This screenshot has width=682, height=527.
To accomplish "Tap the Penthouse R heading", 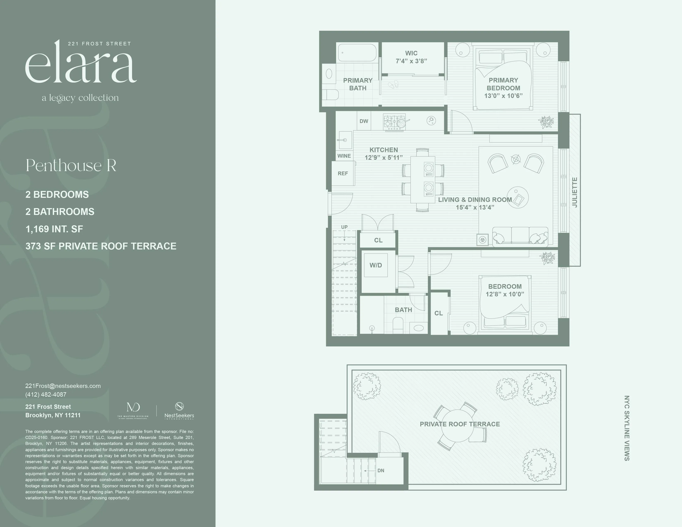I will point(71,166).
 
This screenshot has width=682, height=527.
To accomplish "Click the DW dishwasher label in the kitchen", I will point(364,121).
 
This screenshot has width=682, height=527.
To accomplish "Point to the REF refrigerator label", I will point(343,173).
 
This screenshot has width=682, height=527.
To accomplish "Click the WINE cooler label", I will point(344,156).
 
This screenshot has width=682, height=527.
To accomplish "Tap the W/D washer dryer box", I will point(376,265).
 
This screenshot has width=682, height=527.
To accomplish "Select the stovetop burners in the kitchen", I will point(394,122).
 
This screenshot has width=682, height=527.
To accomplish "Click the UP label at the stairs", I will point(344,227).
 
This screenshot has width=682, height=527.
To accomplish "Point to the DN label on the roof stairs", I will point(381,471).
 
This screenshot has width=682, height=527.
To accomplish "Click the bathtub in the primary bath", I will point(358,52).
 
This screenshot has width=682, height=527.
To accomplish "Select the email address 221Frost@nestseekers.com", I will point(63,386).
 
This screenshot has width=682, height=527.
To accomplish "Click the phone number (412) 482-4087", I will point(46,395).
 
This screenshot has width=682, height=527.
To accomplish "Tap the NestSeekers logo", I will point(179,411).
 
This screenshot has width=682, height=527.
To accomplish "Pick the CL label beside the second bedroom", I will point(438,313).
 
